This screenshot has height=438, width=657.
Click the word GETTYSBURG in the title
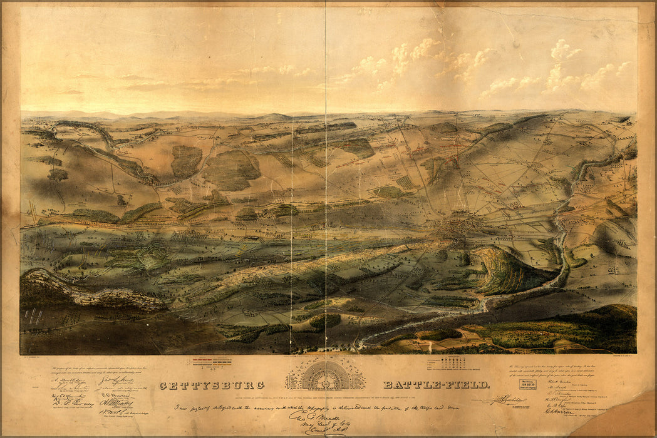pos(212,385)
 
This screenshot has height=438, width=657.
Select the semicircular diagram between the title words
pos(325,375)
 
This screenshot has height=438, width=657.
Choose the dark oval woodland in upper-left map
pos(186,161)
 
